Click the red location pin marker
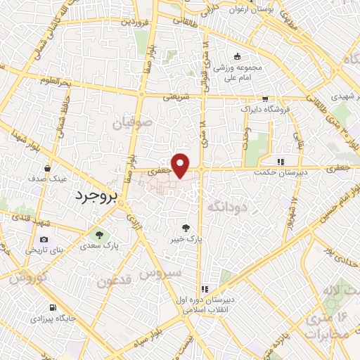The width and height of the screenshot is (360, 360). tap(181, 165)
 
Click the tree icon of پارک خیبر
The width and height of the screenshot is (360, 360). tap(186, 227)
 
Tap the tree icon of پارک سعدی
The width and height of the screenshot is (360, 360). tap(98, 234)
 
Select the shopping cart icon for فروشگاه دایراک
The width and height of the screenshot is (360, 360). tap(264, 98)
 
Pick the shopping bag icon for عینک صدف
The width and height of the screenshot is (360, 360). tap(46, 168)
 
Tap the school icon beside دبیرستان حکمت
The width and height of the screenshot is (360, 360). tap(281, 160)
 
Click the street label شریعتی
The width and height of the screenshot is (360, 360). tap(176, 97)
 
